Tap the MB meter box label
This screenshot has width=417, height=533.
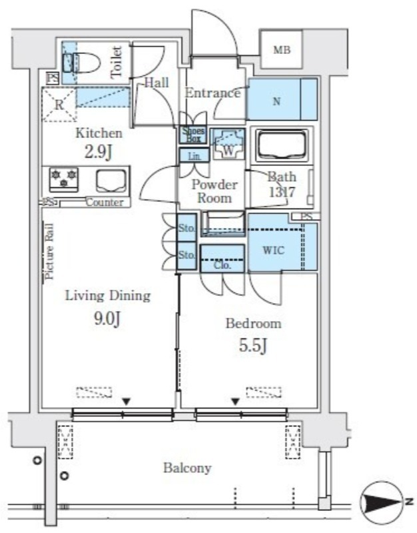[282, 50]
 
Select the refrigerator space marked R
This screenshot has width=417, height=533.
[59, 105]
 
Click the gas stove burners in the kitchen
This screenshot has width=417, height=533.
[64, 179]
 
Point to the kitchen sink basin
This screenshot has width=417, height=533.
[111, 181]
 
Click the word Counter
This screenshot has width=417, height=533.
[105, 203]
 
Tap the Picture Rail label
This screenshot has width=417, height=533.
[49, 251]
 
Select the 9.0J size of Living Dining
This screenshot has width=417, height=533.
[108, 319]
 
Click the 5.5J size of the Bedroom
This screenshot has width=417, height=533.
[253, 346]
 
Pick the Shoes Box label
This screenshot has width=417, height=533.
[193, 135]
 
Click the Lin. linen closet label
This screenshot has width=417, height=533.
[195, 157]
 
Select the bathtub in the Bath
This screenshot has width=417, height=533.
[280, 145]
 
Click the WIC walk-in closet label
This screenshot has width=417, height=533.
[274, 251]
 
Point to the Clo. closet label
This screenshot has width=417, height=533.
[222, 265]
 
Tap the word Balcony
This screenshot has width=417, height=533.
[187, 468]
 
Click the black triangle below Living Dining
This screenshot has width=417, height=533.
[127, 402]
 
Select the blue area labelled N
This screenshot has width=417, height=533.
[282, 99]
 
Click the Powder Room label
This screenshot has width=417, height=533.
[214, 191]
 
